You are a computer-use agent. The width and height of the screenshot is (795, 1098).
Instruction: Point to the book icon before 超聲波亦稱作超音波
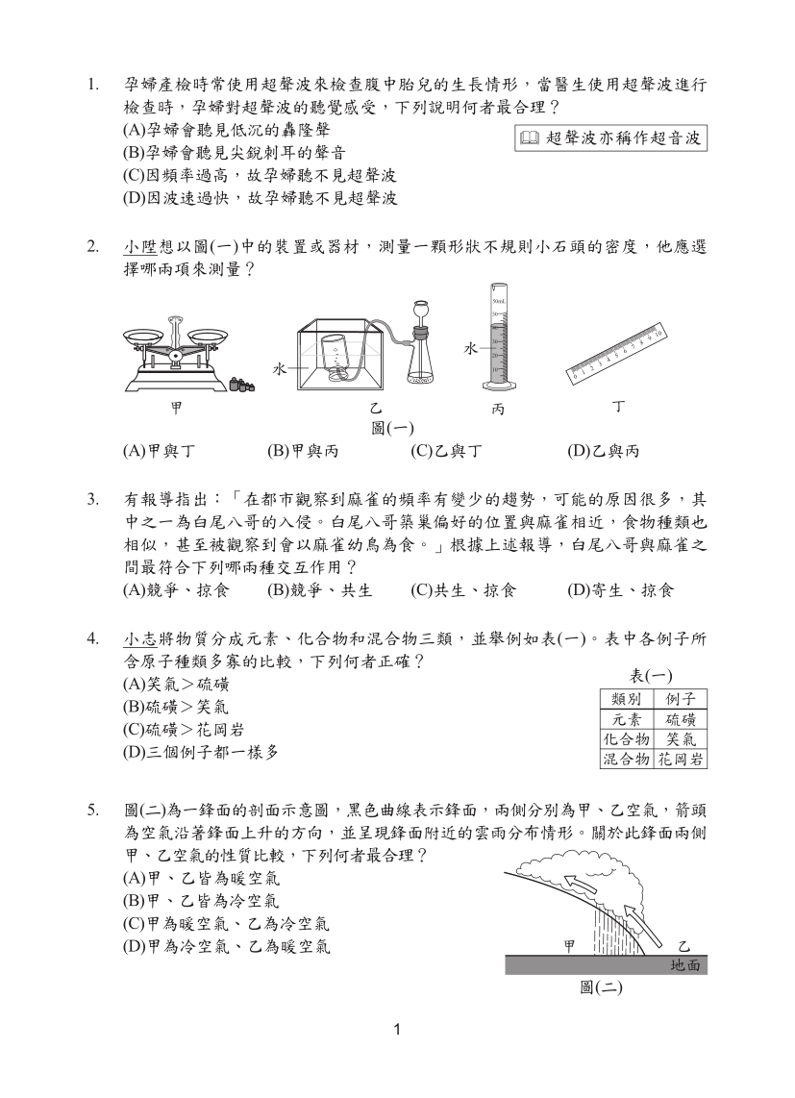pyautogui.click(x=529, y=138)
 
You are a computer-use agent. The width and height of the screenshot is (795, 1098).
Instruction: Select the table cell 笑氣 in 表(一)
pyautogui.click(x=681, y=740)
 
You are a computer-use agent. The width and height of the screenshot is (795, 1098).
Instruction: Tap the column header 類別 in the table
pyautogui.click(x=626, y=699)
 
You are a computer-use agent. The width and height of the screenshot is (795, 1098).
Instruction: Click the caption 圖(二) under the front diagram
pyautogui.click(x=603, y=987)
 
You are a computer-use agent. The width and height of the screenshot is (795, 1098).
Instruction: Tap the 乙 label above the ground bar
pyautogui.click(x=684, y=946)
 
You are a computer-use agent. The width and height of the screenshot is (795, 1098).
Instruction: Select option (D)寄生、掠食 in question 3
pyautogui.click(x=620, y=590)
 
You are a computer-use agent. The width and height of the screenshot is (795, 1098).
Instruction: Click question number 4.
pyautogui.click(x=93, y=639)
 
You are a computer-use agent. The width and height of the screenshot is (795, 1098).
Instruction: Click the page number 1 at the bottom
pyautogui.click(x=397, y=1033)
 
